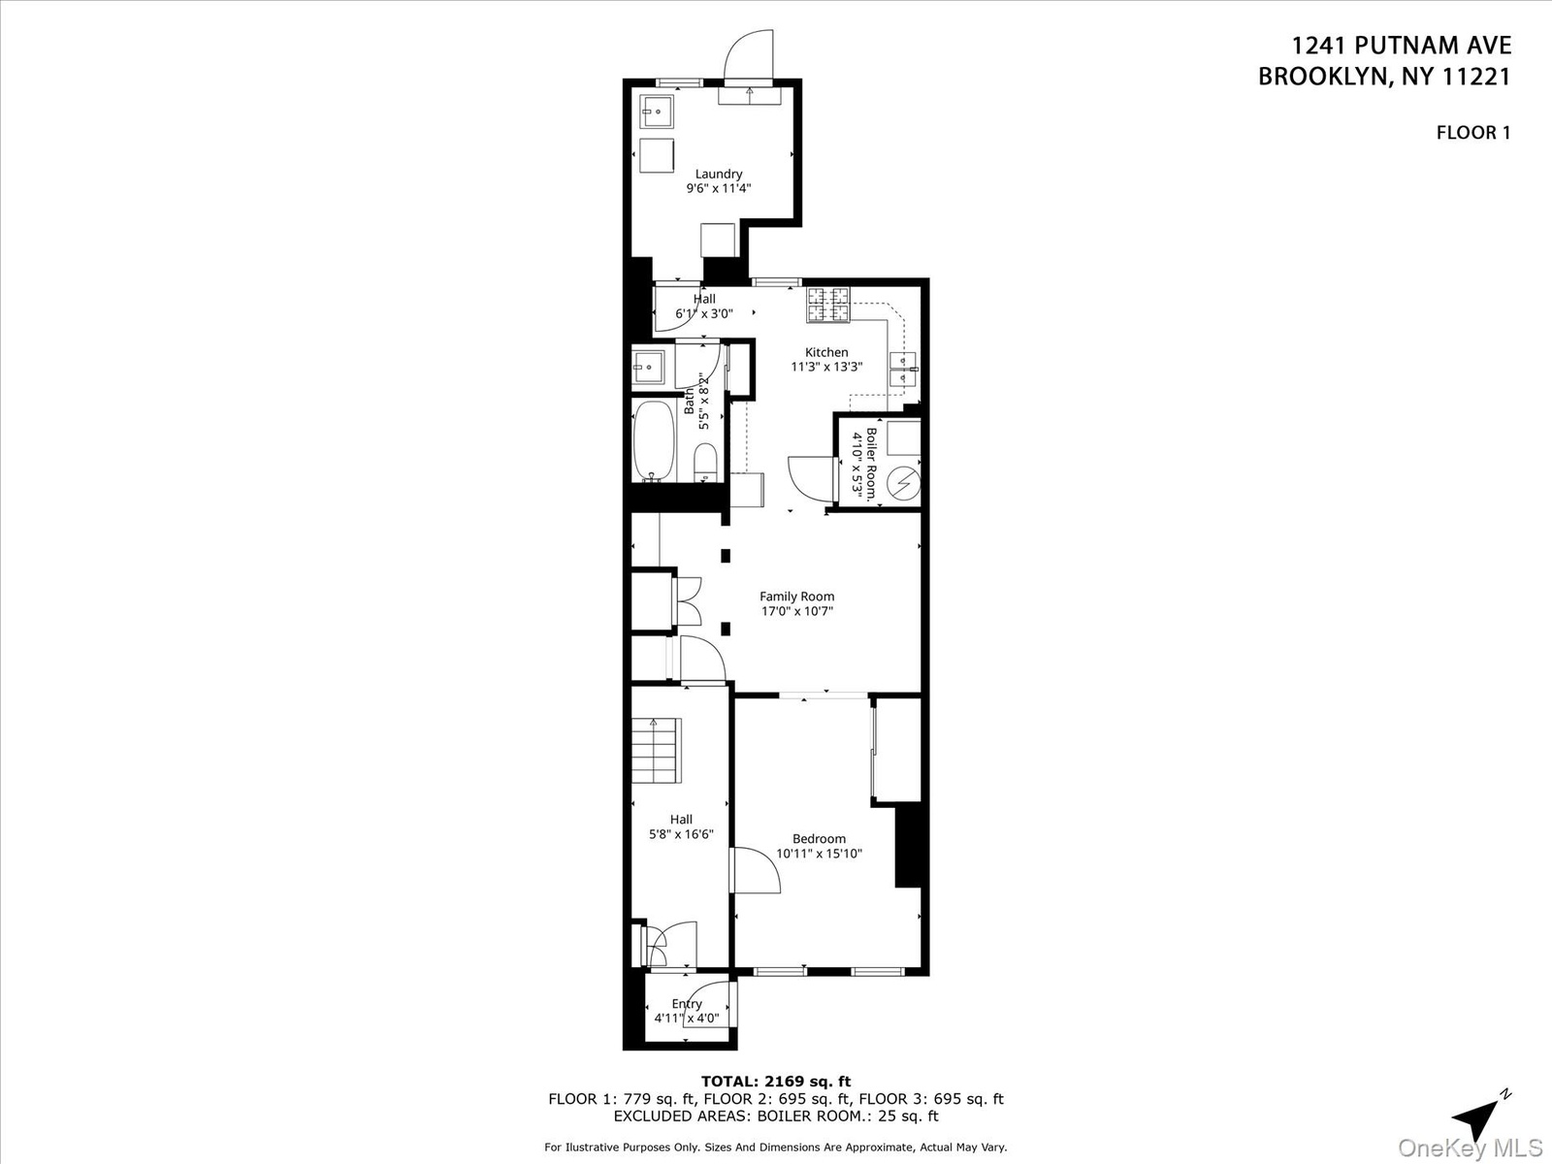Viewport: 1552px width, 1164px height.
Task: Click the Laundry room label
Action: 719,174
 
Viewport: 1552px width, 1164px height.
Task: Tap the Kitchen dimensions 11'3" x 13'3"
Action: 826,366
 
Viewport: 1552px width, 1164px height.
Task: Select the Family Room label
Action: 797,597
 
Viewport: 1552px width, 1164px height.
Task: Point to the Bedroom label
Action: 819,839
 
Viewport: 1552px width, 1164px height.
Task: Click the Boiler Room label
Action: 871,464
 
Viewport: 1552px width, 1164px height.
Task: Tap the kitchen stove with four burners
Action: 828,305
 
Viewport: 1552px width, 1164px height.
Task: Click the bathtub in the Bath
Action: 655,441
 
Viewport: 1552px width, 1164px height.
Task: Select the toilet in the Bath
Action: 705,463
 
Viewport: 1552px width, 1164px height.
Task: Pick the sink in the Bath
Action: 648,368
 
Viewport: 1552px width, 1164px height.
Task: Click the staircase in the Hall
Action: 656,751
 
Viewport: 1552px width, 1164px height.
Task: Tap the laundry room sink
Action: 657,112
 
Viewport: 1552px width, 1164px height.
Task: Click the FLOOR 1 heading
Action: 1472,132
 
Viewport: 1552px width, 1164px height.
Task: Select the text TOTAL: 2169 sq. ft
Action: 776,1082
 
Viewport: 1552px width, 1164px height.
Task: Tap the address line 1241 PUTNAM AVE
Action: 1402,46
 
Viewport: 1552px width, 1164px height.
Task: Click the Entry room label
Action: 687,1004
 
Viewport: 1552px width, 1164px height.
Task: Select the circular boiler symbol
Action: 904,483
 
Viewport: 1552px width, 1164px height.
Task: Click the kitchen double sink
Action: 903,370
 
